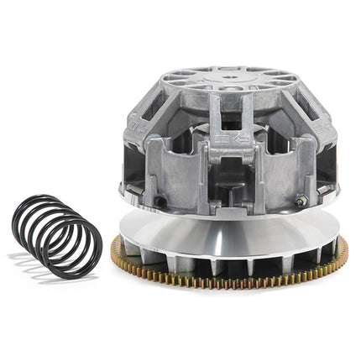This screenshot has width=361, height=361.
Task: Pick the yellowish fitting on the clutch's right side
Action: pos(299,201)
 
